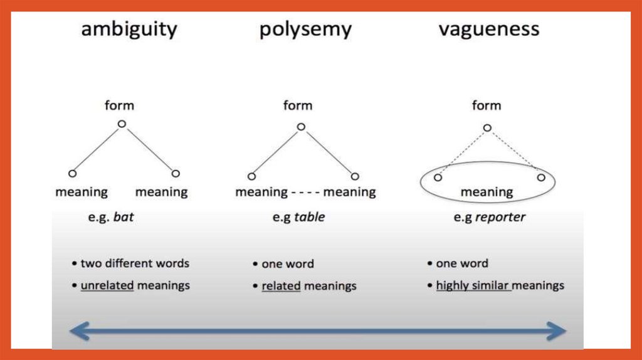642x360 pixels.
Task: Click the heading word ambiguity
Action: tap(129, 29)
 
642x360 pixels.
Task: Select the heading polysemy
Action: tap(305, 29)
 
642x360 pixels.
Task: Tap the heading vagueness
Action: tap(489, 29)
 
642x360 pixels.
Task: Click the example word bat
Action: tap(124, 218)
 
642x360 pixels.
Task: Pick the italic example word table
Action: tap(310, 218)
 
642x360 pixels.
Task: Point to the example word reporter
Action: tap(500, 218)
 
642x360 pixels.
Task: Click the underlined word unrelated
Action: tap(107, 285)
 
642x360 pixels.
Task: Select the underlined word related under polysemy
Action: tap(281, 286)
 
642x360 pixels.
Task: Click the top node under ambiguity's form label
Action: tap(122, 124)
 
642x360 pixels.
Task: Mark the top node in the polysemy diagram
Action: tap(301, 127)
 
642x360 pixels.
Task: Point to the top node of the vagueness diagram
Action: tap(487, 128)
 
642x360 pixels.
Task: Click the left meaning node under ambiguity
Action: tap(72, 174)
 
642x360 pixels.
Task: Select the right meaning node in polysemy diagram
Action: tap(355, 177)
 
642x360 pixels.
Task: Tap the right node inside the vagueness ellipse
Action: tap(540, 177)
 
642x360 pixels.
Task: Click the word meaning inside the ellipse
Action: tap(487, 192)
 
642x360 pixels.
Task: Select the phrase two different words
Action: tap(135, 263)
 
